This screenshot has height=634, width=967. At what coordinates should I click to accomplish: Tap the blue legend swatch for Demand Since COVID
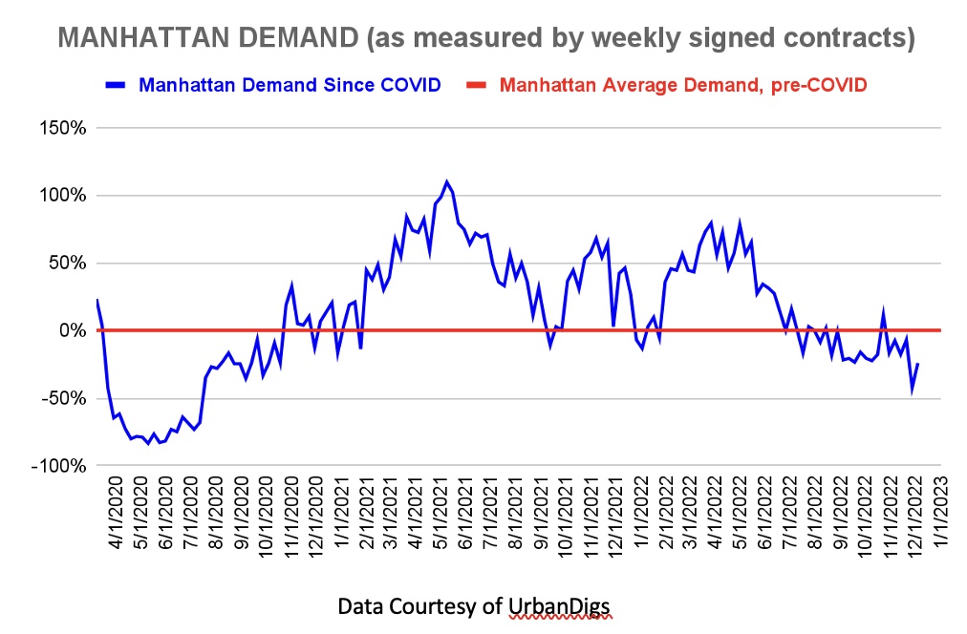coord(116,85)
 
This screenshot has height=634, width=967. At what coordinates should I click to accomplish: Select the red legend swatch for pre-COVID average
coord(477,85)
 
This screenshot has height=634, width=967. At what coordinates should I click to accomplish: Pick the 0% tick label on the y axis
coord(74,331)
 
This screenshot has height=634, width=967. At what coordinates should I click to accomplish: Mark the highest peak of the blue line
coord(446,181)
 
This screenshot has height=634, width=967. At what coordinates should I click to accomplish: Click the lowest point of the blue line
coord(148,444)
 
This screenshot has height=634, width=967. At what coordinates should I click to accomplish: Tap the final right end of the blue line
coord(918,363)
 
